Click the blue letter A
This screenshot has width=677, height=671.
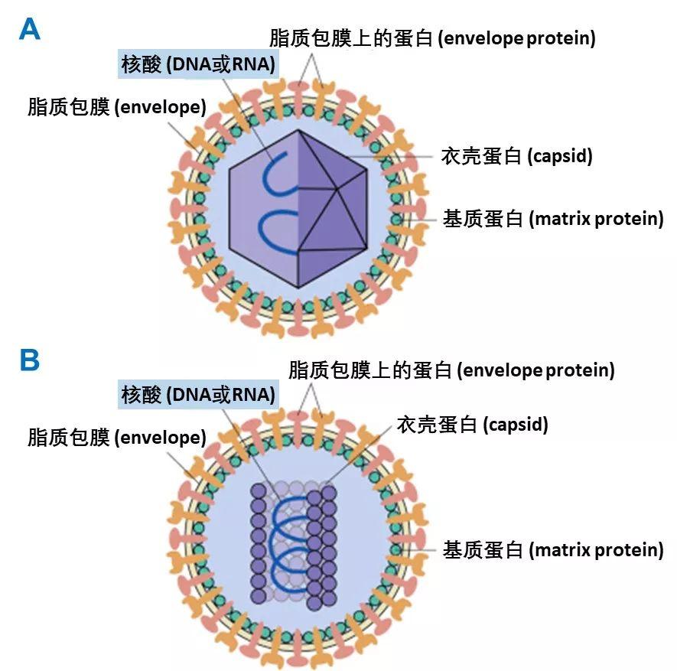[29, 29]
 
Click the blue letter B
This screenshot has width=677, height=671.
[29, 360]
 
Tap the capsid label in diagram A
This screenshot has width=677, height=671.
[517, 156]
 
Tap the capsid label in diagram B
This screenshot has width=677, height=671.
[472, 424]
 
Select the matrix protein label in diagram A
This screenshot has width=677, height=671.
[553, 219]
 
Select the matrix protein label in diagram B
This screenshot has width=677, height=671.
[553, 549]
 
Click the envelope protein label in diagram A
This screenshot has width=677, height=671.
[432, 37]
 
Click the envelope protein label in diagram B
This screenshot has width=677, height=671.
[451, 370]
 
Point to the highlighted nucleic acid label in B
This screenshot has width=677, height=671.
[198, 395]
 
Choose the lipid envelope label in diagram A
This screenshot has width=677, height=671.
[117, 106]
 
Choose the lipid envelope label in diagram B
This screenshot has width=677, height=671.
[117, 437]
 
